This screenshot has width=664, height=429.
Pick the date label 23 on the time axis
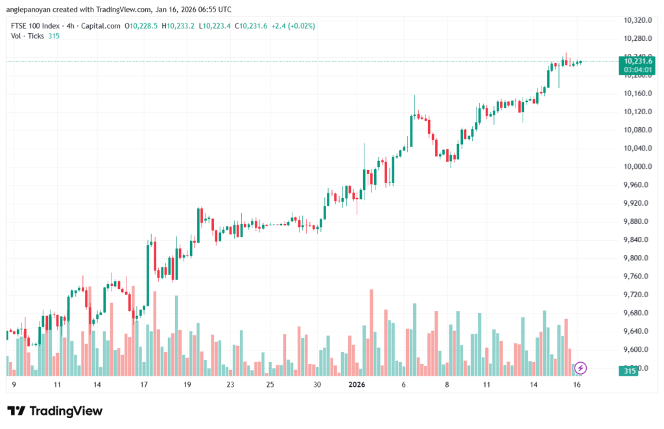point(230,385)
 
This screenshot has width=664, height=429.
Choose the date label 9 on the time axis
point(14,385)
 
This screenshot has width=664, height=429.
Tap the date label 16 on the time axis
point(577,385)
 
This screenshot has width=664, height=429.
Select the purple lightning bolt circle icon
point(581,368)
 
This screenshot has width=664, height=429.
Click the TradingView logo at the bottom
point(54,411)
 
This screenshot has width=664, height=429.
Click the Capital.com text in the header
point(102,26)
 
